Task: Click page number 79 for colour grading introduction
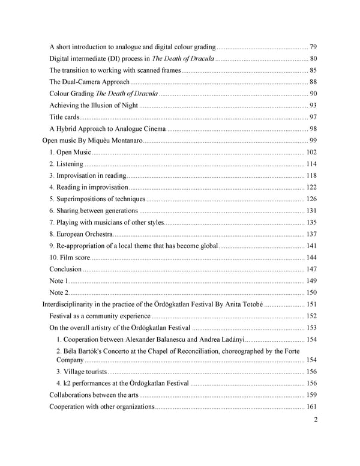tap(313, 47)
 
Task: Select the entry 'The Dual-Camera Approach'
tap(89, 82)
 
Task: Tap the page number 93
tap(313, 105)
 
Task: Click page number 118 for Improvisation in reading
tap(311, 175)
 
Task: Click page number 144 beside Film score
tap(311, 257)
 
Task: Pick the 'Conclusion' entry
tap(65, 269)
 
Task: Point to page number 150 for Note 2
tap(311, 292)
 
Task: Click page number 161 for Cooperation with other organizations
tap(311, 407)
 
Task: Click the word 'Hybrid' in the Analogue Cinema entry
tap(68, 129)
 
